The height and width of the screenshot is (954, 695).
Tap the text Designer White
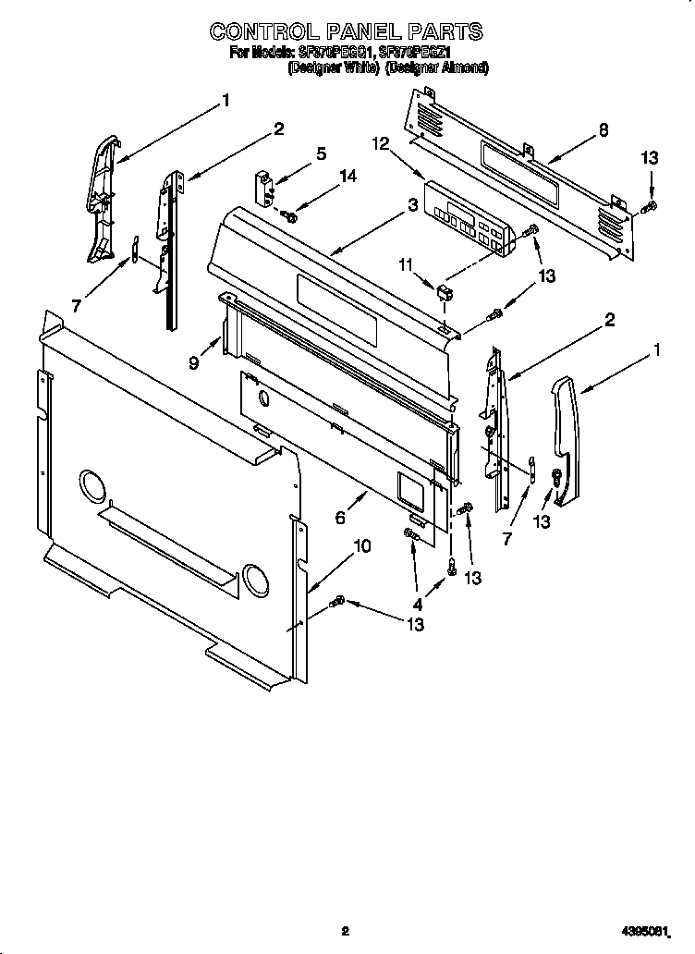pos(332,67)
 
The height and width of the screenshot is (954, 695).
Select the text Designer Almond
pos(436,67)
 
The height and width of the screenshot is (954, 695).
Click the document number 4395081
pos(644,931)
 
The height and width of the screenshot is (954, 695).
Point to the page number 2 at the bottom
pos(345,931)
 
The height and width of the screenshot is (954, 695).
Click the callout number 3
pos(411,207)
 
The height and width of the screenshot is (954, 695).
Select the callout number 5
pos(321,153)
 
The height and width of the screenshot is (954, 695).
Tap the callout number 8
pos(604,130)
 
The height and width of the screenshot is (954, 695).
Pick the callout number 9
pos(193,363)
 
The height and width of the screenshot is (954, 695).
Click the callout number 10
pos(362,546)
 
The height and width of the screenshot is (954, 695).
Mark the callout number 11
pos(404,266)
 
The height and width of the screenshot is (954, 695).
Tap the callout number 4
pos(418,605)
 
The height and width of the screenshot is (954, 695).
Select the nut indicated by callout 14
pos(290,216)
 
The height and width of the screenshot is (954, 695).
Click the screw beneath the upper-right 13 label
pos(652,205)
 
